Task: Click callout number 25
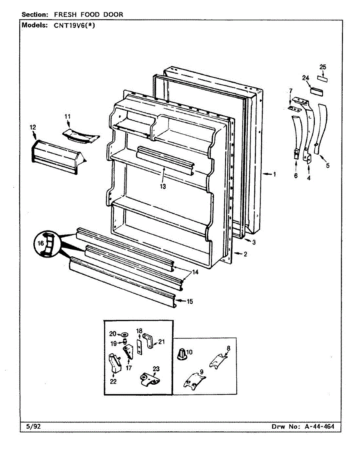point(322,67)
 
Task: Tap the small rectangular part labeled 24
point(316,91)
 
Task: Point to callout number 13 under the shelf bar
point(163,186)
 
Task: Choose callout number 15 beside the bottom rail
point(190,301)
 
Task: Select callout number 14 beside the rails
point(195,272)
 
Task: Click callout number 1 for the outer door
point(274,174)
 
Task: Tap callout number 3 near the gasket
point(254,242)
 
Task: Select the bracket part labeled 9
point(194,380)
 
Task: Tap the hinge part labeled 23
point(150,380)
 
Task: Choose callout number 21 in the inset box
point(161,342)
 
